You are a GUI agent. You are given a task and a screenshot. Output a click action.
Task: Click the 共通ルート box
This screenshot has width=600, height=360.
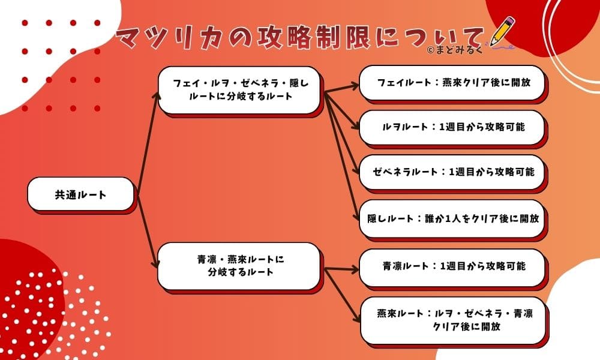coord(80,194)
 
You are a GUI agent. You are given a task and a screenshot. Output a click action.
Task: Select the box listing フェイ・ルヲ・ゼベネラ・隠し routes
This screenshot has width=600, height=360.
coord(239,89)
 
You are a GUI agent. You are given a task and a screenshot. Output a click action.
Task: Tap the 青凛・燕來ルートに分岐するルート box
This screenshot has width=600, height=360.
coord(239,266)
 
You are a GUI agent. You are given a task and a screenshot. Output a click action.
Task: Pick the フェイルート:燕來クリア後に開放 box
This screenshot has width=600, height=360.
coord(452,82)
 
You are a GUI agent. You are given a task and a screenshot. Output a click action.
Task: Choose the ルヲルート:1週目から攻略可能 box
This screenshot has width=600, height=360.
coord(452,127)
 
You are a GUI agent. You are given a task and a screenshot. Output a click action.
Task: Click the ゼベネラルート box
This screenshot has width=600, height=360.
coord(452,171)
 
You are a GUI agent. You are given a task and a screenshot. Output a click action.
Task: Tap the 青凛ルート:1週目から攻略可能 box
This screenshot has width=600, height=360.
coord(452,266)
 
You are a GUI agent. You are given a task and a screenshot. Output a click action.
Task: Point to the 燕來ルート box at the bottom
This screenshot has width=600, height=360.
coord(452,320)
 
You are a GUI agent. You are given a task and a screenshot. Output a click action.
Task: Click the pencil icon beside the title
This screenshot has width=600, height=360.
coord(502,32)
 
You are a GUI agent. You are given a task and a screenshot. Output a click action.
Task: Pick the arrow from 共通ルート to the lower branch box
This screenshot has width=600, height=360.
coord(147,231)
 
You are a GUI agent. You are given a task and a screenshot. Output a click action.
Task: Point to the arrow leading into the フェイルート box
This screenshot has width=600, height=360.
coord(342,89)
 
